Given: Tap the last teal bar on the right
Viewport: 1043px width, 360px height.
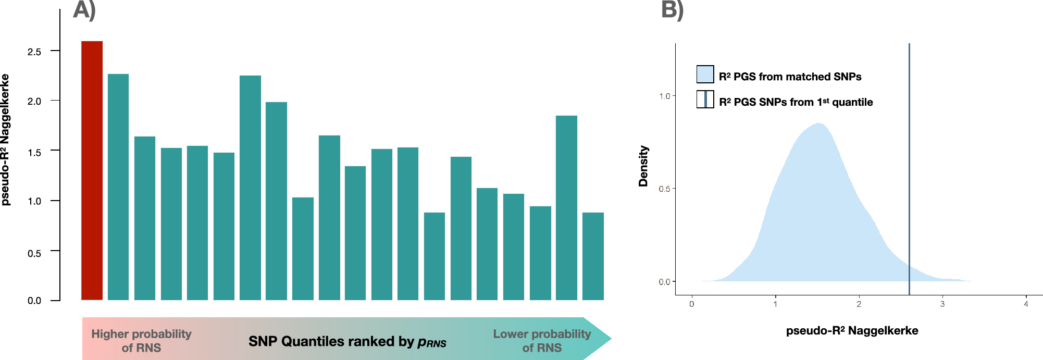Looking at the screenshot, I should pyautogui.click(x=593, y=256).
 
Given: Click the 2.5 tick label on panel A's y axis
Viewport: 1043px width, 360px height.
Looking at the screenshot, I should pyautogui.click(x=34, y=52).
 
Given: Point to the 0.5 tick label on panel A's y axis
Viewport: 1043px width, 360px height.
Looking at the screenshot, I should pyautogui.click(x=34, y=253).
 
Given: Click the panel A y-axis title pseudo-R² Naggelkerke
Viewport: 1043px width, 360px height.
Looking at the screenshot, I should pyautogui.click(x=6, y=140).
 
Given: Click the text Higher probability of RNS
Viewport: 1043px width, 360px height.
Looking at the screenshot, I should pyautogui.click(x=141, y=341).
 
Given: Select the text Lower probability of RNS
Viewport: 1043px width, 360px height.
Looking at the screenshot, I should pyautogui.click(x=542, y=341).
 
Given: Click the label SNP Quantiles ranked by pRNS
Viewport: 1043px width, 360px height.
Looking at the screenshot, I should pyautogui.click(x=347, y=341).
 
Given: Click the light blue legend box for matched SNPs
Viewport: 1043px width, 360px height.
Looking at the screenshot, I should pyautogui.click(x=705, y=75).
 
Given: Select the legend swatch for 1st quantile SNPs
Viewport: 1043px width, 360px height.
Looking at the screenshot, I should pyautogui.click(x=705, y=100).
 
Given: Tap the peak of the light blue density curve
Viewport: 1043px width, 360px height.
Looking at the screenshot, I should pyautogui.click(x=819, y=124).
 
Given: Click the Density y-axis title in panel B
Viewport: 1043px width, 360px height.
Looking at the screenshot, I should pyautogui.click(x=643, y=166).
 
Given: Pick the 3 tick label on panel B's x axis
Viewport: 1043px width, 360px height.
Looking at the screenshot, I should pyautogui.click(x=942, y=304).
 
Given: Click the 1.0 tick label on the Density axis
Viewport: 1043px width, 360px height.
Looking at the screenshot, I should pyautogui.click(x=664, y=96).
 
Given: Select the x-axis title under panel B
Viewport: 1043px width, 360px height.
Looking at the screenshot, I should pyautogui.click(x=852, y=331).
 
